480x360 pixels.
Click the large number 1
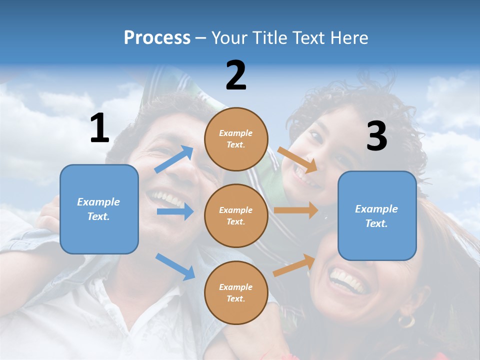(99, 128)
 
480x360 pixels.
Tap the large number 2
(236, 75)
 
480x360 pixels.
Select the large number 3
(376, 136)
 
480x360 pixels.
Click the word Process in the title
(157, 37)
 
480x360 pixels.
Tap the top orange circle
(236, 139)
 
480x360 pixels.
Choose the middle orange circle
(236, 216)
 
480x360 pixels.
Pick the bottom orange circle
(236, 293)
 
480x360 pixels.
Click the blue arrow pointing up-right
(174, 159)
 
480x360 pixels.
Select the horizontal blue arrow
(175, 212)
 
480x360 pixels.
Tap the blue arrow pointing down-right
(175, 266)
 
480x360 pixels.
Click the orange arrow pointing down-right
(297, 160)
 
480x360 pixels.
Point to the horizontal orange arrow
(296, 210)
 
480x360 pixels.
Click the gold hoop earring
(406, 320)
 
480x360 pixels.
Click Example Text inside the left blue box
(98, 209)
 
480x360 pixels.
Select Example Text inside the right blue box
(376, 216)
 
